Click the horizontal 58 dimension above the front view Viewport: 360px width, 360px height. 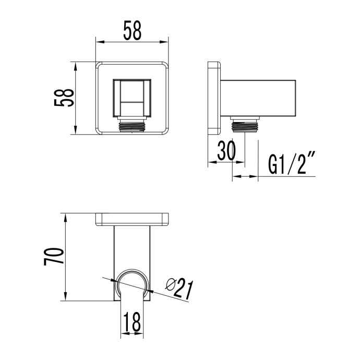[132, 32]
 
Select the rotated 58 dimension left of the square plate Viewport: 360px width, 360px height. [64, 98]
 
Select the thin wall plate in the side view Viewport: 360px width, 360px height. [214, 98]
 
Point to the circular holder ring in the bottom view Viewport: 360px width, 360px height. [132, 284]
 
